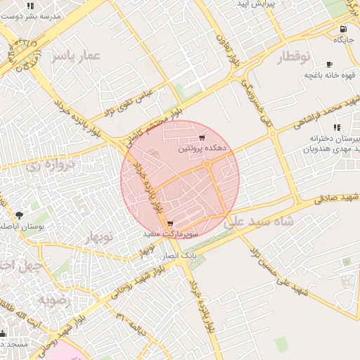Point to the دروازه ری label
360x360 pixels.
coord(50,166)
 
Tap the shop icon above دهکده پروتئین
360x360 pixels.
coord(202,138)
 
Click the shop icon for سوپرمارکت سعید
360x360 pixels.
coord(170,224)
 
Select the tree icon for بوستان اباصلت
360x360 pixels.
coord(18,215)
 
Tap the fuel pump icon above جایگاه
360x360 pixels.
coord(342,30)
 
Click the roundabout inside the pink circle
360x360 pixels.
coord(208,165)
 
